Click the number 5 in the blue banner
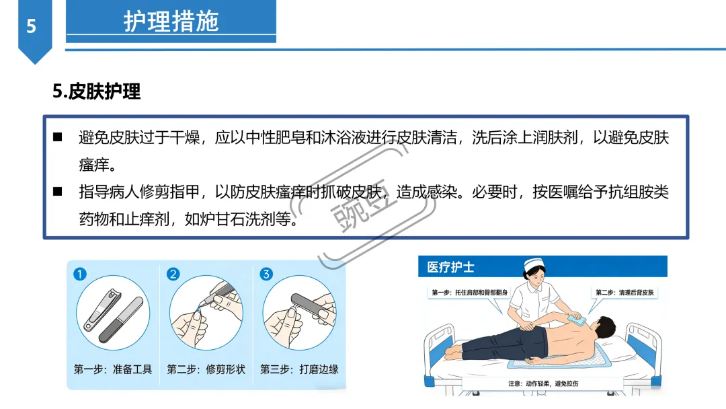tap(31, 26)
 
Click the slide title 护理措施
tap(171, 22)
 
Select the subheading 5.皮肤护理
tap(96, 91)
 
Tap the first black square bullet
tap(57, 137)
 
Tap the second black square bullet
tap(57, 191)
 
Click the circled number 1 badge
tap(79, 274)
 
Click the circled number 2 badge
tap(173, 274)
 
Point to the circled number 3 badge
tap(266, 274)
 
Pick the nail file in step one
tap(121, 320)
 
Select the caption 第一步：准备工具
tap(113, 369)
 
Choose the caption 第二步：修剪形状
tap(206, 369)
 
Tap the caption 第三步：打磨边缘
tap(299, 369)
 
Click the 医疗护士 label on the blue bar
tap(450, 267)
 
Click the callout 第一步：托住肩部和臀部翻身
tap(469, 293)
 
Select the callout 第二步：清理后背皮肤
tap(624, 293)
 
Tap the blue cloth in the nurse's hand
tap(577, 319)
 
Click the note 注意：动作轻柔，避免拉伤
tap(543, 383)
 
